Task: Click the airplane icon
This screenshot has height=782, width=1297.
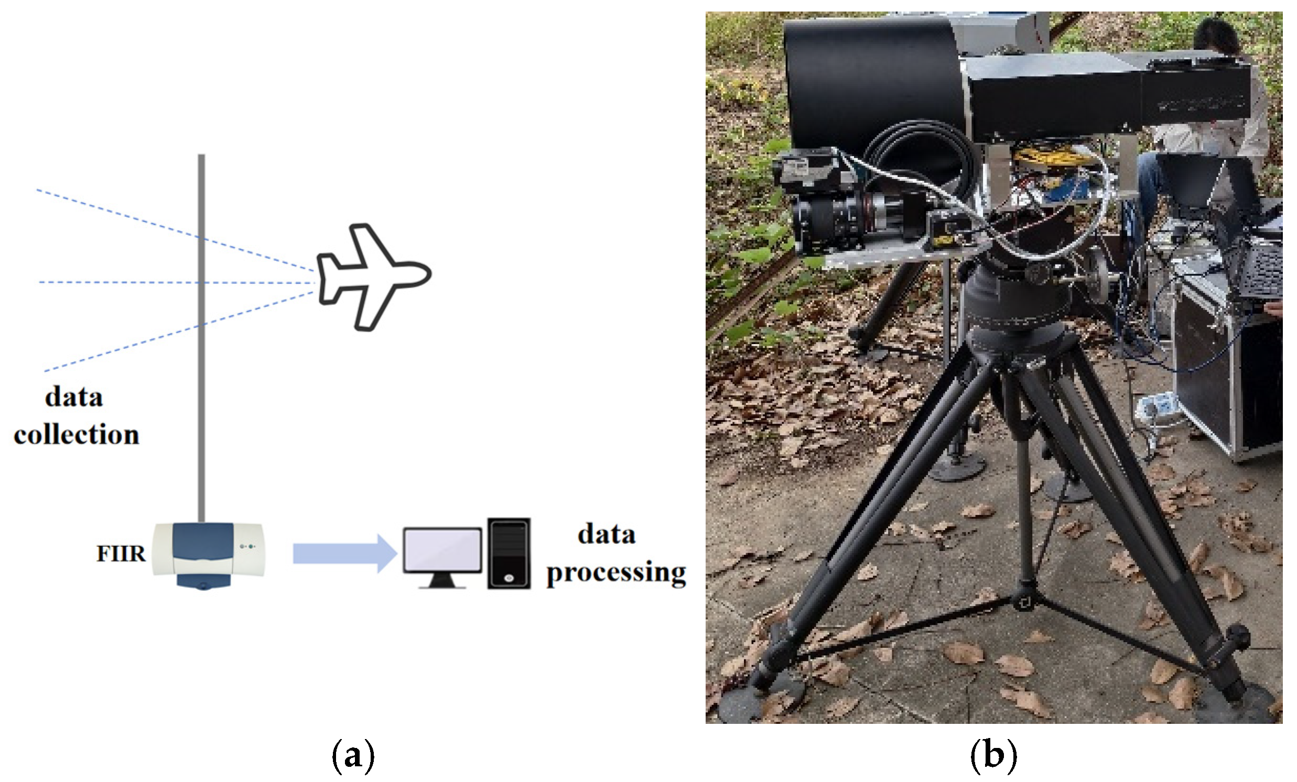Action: (373, 277)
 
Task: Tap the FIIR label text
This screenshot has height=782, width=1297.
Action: (121, 554)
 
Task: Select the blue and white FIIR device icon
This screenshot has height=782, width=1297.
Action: (209, 555)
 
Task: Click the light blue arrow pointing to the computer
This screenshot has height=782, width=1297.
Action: (344, 553)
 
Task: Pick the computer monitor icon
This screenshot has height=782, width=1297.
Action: (442, 556)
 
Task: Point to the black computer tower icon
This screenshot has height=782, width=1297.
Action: (509, 553)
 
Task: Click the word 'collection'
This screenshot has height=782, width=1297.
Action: (77, 435)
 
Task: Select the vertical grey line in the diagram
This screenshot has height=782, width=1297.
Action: (201, 337)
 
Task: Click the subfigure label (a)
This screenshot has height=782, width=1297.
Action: (353, 756)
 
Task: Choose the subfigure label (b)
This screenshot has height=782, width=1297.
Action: (993, 756)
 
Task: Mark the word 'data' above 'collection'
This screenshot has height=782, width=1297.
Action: (74, 397)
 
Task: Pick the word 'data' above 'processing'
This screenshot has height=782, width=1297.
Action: (607, 535)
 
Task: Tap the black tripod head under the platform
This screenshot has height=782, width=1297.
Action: (1000, 300)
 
